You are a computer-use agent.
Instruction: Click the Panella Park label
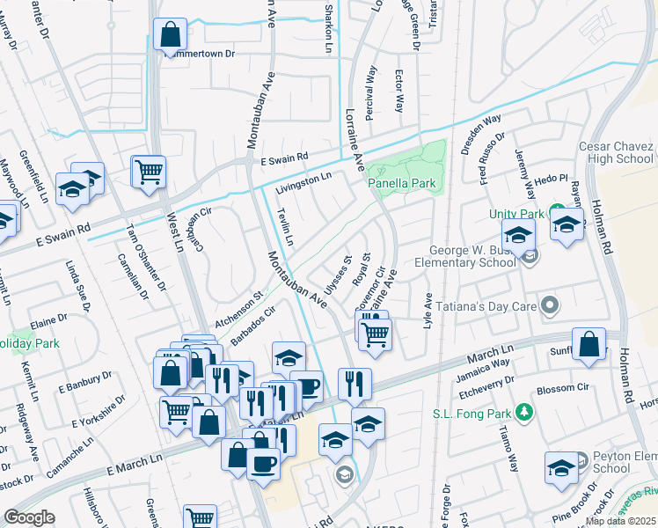point(402,183)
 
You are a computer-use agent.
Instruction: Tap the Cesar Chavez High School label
point(616,152)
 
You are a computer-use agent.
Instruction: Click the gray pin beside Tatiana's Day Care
point(551,305)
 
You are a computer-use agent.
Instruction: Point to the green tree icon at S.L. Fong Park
point(523,412)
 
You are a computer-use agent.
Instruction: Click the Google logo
point(29,517)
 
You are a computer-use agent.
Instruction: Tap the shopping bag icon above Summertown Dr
point(171,35)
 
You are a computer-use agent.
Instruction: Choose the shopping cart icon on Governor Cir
point(376,334)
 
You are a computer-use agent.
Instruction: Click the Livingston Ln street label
point(303,183)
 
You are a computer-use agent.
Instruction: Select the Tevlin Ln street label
point(284,227)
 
